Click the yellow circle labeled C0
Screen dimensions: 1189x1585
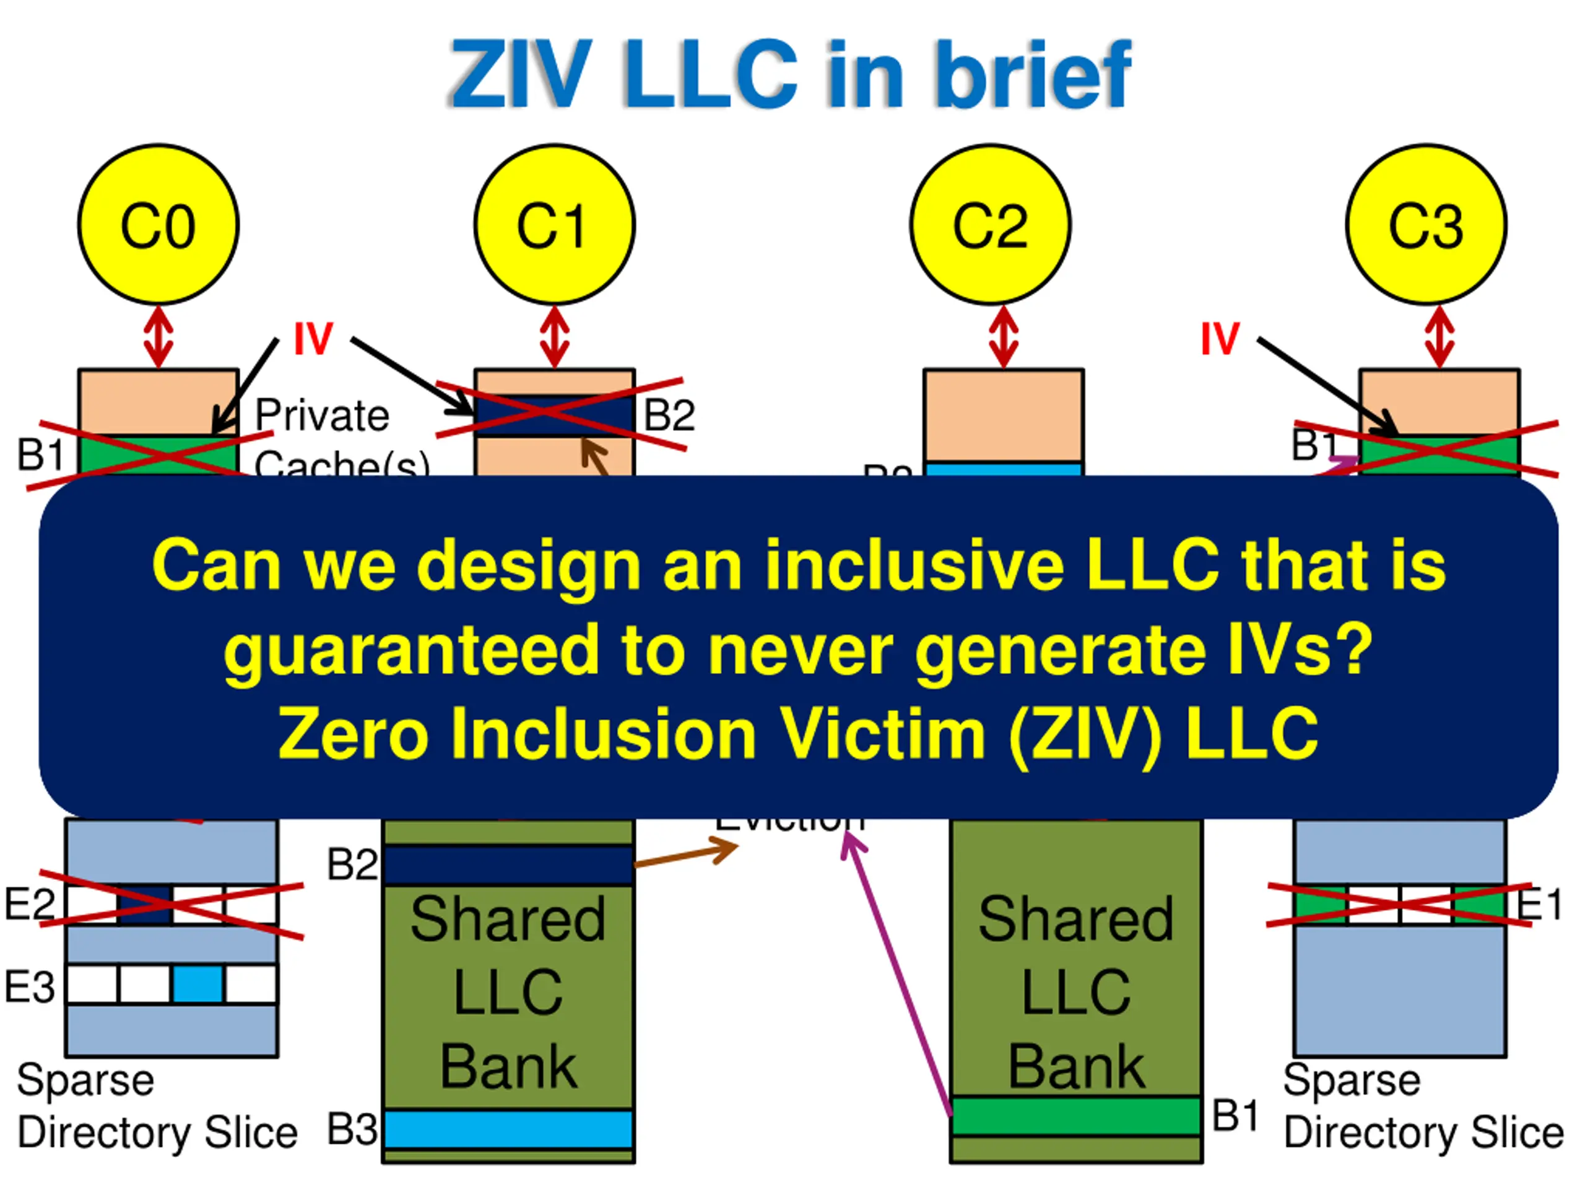158,224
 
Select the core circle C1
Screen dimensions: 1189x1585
554,224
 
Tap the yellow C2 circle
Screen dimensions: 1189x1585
990,224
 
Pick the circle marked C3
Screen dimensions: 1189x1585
1426,224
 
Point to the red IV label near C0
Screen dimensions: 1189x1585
313,338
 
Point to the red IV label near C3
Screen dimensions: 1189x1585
1220,338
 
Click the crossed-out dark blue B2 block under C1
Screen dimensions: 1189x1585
554,415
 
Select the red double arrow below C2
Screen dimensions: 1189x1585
1004,338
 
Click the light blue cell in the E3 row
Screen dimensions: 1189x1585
198,984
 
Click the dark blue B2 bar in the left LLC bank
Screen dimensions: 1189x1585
508,865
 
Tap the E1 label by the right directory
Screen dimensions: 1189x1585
1539,905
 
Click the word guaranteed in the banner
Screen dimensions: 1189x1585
411,650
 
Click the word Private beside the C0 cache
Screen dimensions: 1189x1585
323,415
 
